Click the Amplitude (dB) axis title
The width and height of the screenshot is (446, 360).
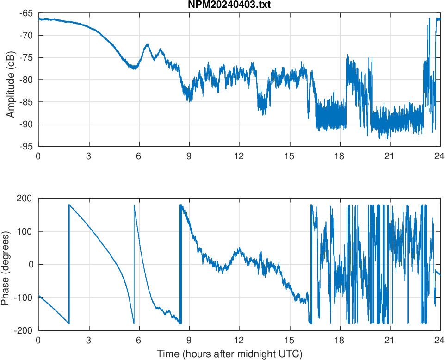coord(10,80)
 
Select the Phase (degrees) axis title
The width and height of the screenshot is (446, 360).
coord(6,264)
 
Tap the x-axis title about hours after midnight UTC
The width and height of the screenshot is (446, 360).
coord(229,354)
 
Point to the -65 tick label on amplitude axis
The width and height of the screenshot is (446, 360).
coord(26,13)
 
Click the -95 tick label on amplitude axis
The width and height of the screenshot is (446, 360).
coord(26,146)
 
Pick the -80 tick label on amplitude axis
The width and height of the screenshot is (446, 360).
coord(26,80)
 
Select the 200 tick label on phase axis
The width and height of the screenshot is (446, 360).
coord(25,199)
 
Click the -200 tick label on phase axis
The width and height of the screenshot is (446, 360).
coord(24,330)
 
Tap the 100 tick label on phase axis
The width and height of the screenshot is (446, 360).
coord(25,231)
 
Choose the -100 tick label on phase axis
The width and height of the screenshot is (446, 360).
coord(24,298)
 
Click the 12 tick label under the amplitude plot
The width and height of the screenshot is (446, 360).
coord(239,156)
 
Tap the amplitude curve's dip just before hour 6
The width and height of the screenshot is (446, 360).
coord(134,68)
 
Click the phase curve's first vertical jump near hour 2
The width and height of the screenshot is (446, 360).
coord(69,264)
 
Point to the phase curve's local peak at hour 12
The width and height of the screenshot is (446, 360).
coord(239,249)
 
